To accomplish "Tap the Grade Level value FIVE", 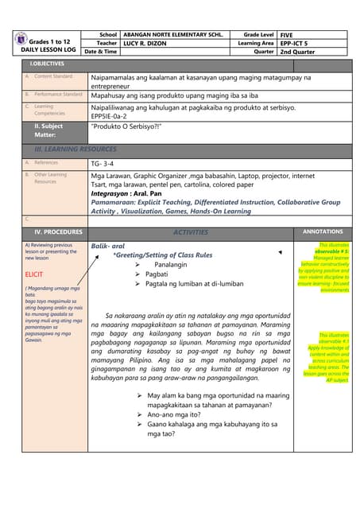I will pyautogui.click(x=287, y=35).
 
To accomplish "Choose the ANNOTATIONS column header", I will pyautogui.click(x=323, y=231).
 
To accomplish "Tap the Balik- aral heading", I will pyautogui.click(x=108, y=246).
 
